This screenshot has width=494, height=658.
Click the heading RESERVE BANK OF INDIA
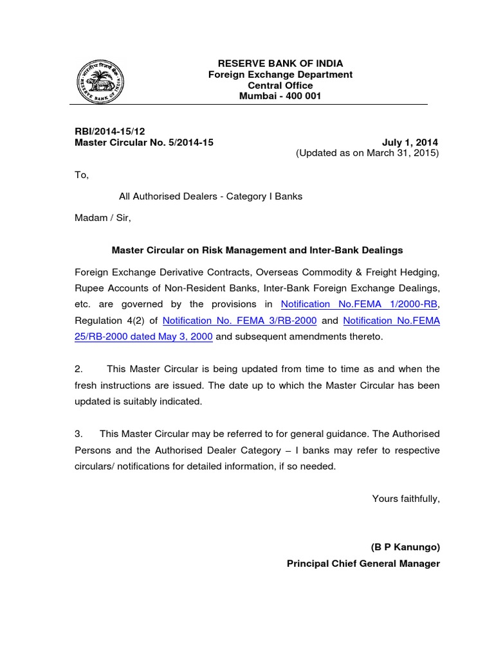pyautogui.click(x=280, y=64)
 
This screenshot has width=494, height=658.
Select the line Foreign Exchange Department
pyautogui.click(x=280, y=75)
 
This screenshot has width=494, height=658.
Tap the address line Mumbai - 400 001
pyautogui.click(x=280, y=96)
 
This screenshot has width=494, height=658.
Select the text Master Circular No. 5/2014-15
pyautogui.click(x=143, y=143)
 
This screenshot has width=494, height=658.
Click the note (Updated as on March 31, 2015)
pyautogui.click(x=367, y=154)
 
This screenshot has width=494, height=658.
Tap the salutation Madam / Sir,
pyautogui.click(x=103, y=218)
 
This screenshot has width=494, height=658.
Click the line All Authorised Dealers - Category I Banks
pyautogui.click(x=211, y=196)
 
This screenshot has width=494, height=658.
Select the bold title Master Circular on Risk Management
pyautogui.click(x=257, y=250)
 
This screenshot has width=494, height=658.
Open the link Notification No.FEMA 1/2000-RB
pyautogui.click(x=360, y=304)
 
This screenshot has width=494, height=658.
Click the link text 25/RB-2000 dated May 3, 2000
pyautogui.click(x=144, y=337)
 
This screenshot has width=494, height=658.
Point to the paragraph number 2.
pyautogui.click(x=78, y=369)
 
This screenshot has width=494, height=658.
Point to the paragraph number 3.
pyautogui.click(x=78, y=434)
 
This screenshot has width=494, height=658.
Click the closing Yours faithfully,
pyautogui.click(x=406, y=498)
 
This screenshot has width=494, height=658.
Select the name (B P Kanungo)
pyautogui.click(x=405, y=547)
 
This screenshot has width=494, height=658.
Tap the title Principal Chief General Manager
pyautogui.click(x=363, y=564)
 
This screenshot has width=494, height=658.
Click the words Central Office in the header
pyautogui.click(x=280, y=85)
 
